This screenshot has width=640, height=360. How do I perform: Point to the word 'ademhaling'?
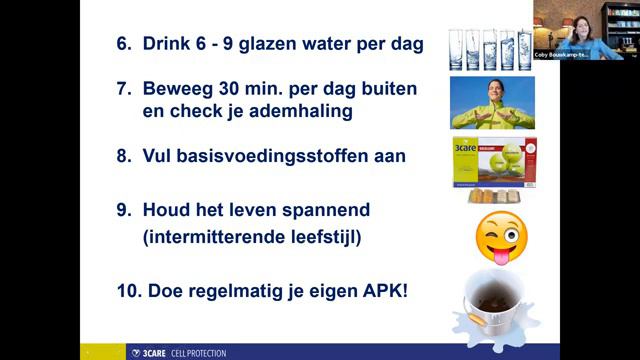click(298, 111)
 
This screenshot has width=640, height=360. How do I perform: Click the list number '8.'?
click(126, 156)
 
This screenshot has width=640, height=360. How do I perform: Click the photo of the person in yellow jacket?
click(491, 103)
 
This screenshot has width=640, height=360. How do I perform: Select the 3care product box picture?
click(492, 163)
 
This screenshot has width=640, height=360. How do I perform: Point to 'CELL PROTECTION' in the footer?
click(198, 353)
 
